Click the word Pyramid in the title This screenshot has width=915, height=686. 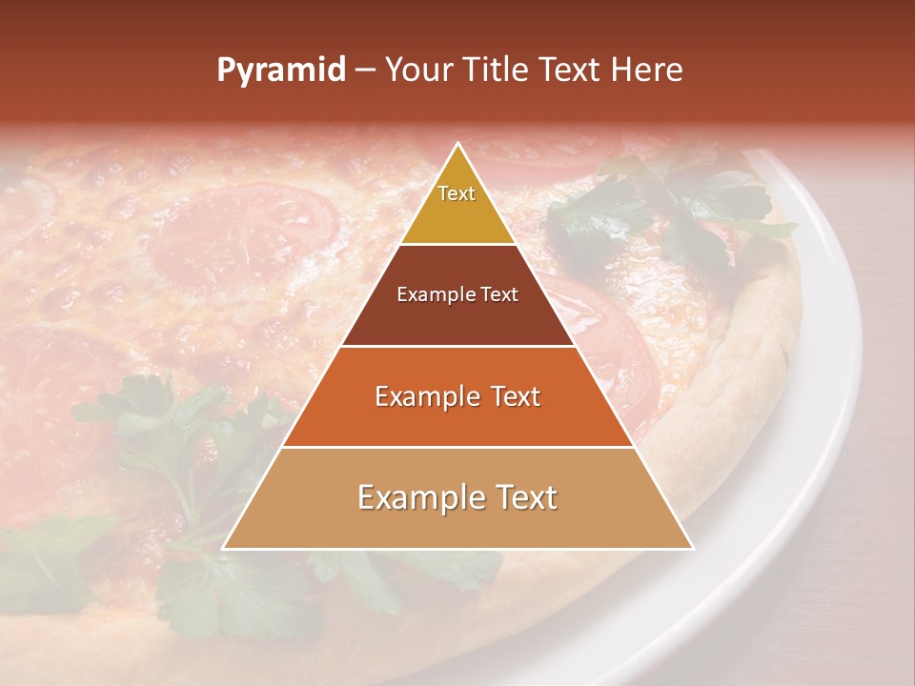pyautogui.click(x=280, y=70)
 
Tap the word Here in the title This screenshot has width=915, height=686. pyautogui.click(x=647, y=70)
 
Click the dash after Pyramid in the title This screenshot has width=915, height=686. pyautogui.click(x=365, y=71)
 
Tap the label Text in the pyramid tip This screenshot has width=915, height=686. pyautogui.click(x=457, y=193)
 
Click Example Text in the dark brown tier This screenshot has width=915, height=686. pyautogui.click(x=457, y=294)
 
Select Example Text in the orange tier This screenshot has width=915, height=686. pyautogui.click(x=457, y=396)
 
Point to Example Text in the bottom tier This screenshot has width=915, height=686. pyautogui.click(x=457, y=497)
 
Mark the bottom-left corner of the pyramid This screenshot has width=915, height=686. pyautogui.click(x=224, y=548)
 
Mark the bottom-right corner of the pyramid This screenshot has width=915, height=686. pyautogui.click(x=692, y=548)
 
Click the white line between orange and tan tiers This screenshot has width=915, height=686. pyautogui.click(x=457, y=447)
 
